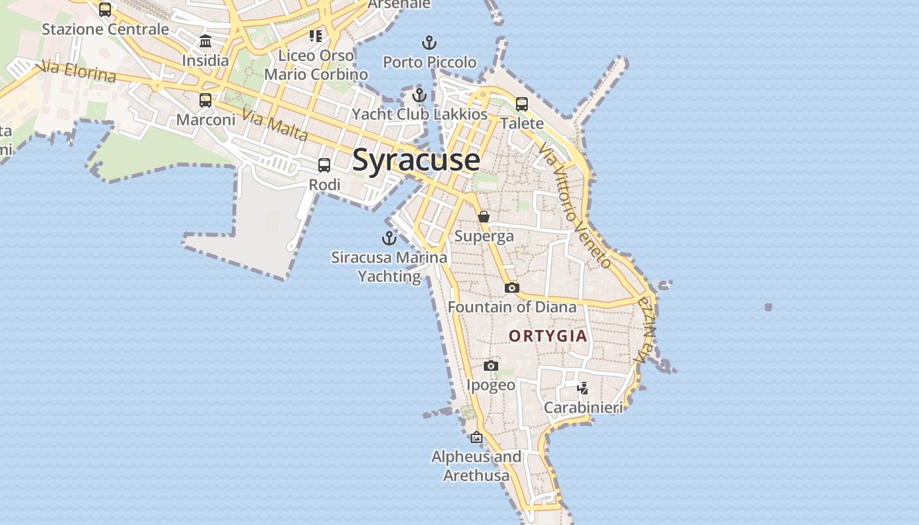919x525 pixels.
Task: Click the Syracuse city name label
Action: point(416,161)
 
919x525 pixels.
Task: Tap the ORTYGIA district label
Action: point(548,336)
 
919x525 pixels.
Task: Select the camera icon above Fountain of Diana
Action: point(512,287)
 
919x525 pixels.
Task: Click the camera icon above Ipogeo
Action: point(491,366)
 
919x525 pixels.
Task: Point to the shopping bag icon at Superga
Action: point(484,217)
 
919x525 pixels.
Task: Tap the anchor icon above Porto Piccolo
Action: point(429,43)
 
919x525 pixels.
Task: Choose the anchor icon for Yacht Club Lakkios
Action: point(419,95)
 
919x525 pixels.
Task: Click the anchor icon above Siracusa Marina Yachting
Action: point(389,238)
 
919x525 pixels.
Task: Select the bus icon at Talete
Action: point(522,104)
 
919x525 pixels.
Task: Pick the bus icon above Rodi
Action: point(324,165)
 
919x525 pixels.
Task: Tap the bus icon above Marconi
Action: point(205,100)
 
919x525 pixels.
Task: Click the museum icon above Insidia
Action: point(205,41)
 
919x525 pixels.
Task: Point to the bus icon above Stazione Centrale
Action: point(105,10)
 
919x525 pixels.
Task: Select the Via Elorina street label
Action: point(79,72)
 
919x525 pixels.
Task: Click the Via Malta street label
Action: point(274,125)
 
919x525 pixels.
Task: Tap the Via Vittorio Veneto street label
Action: point(575,207)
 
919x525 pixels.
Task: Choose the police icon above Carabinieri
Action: point(582,388)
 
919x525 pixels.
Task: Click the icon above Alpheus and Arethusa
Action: point(477,437)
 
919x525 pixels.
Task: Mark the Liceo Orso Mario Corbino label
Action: point(316,64)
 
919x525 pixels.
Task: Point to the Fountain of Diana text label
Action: point(512,306)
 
